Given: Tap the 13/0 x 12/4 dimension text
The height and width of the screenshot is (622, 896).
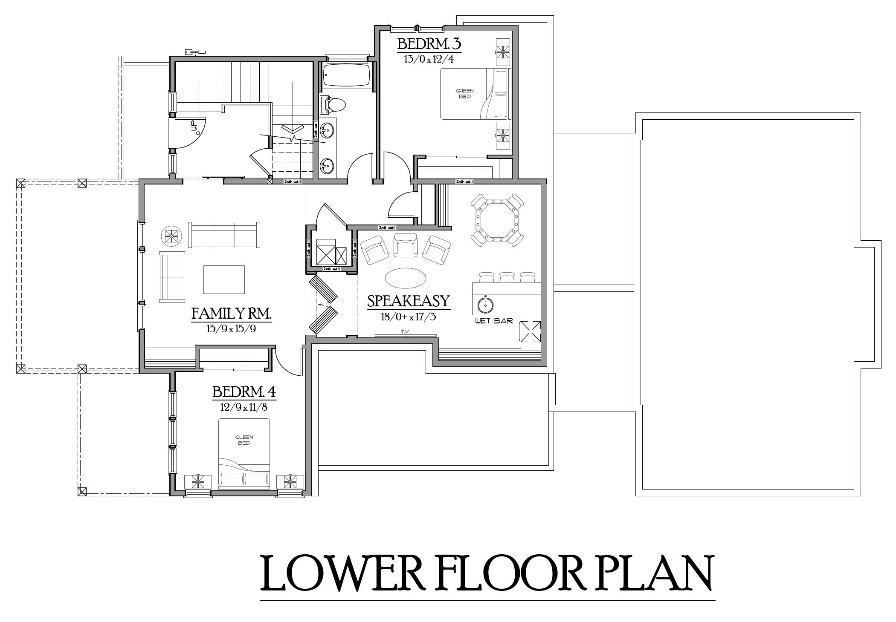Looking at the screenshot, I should [x=429, y=59].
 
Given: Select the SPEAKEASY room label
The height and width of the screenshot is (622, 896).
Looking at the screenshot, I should [x=408, y=301].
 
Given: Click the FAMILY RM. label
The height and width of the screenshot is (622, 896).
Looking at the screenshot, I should [x=231, y=314].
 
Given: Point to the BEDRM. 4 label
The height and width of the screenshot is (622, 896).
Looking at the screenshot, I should [x=244, y=392].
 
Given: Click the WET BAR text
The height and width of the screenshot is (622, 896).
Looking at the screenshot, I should [x=494, y=321].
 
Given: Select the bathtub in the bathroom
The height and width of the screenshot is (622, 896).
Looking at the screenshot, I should [x=346, y=76].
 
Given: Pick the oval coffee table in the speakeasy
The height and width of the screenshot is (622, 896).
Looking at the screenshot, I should [x=405, y=278].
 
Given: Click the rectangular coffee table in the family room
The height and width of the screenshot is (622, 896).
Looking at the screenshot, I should [x=224, y=279].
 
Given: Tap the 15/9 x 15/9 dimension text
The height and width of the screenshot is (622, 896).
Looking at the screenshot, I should [x=232, y=329].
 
